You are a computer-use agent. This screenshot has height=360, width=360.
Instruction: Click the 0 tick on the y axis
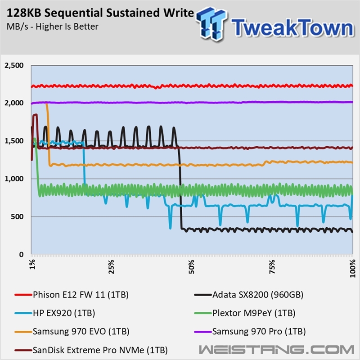(21, 254)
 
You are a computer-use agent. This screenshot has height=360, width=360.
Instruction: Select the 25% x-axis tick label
(111, 266)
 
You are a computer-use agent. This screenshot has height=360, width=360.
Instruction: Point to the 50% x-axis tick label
(191, 266)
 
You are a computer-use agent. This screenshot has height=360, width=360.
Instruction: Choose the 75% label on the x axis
(271, 266)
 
